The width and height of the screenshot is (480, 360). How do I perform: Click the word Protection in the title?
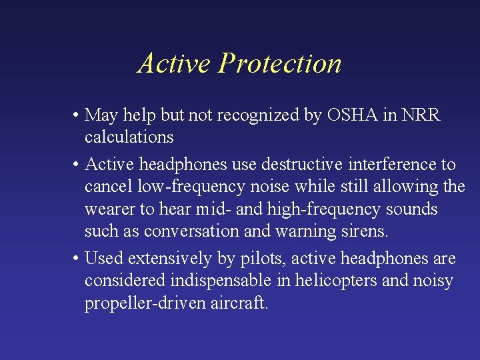tap(280, 64)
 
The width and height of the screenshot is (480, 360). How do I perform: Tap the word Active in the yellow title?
tap(175, 64)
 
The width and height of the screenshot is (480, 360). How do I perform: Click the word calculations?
tap(129, 137)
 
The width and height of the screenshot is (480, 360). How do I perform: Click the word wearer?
tap(109, 209)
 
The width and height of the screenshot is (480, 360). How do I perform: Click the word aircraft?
tap(239, 303)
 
